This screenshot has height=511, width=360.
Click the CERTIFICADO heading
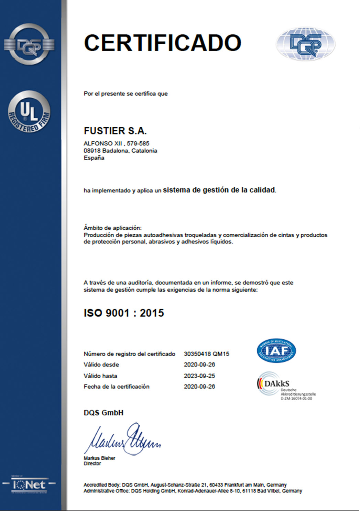coord(162,43)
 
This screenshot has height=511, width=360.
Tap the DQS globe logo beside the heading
coord(305,44)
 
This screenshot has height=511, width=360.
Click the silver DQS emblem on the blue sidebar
coord(29,44)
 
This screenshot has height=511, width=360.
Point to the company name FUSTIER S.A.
coord(115,131)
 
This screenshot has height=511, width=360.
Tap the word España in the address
coord(94,158)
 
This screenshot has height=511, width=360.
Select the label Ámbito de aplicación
coord(112,228)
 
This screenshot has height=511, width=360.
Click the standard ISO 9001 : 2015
coord(124,313)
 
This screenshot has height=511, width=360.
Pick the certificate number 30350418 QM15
coord(206,354)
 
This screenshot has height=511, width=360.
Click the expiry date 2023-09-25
coord(199,376)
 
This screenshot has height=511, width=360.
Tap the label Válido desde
coord(101,365)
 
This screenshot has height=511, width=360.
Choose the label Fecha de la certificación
coord(117,387)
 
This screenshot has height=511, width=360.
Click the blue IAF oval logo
coord(276,351)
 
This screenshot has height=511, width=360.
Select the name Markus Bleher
coord(99,458)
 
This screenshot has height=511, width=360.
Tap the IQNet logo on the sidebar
coord(29,485)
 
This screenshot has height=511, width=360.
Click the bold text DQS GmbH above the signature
coord(103,413)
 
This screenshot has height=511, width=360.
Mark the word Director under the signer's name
coord(92,464)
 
